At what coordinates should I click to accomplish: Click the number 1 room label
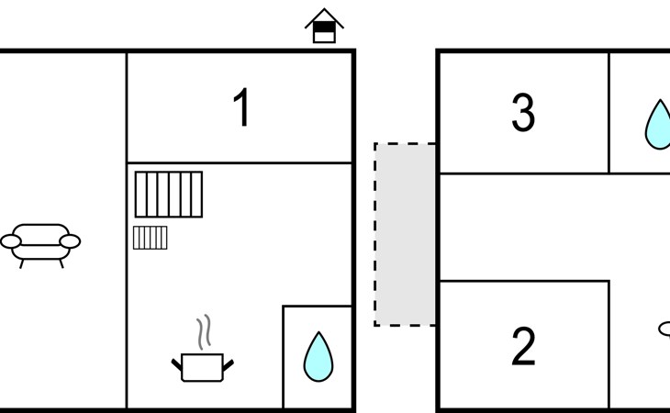tap(242, 107)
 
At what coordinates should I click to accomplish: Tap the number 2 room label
tap(523, 346)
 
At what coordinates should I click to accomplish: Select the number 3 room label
tap(523, 113)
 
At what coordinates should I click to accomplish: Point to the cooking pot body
tap(202, 367)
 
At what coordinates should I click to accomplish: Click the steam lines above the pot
tap(205, 332)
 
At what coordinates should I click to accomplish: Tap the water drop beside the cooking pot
tap(318, 357)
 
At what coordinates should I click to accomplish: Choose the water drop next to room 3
tap(658, 125)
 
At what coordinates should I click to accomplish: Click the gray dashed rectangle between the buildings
tap(405, 234)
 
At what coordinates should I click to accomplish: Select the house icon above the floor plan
tap(324, 26)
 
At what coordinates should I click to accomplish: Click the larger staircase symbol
tap(169, 195)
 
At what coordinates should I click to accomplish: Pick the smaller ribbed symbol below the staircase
tap(150, 238)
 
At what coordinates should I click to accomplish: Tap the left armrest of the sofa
tap(11, 241)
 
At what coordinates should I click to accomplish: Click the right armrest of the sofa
tap(70, 241)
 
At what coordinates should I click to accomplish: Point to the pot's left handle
tap(176, 364)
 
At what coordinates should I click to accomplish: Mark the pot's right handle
tap(229, 365)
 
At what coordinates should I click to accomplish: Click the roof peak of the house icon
tap(324, 8)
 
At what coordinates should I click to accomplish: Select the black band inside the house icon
tap(324, 28)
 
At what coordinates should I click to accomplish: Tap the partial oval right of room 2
tap(664, 329)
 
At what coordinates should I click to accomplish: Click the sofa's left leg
tap(21, 264)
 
